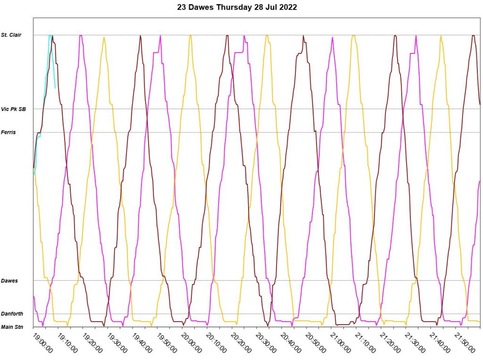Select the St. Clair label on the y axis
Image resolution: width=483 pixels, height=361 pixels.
(11, 35)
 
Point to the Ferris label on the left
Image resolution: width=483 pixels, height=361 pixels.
(8, 132)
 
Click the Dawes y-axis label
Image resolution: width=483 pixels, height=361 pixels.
(9, 281)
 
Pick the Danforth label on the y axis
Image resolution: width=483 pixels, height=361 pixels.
(12, 314)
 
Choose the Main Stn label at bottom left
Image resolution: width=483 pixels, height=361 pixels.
(12, 327)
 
